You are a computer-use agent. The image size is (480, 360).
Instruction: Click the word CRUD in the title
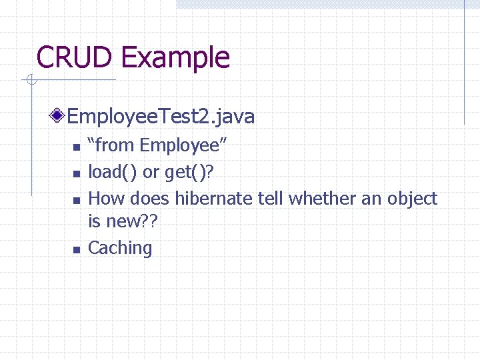coord(75,57)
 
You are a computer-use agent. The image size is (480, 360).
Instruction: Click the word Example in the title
coord(175,59)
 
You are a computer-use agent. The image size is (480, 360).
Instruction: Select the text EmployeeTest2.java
coord(161,117)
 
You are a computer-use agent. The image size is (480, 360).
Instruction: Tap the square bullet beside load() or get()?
coord(76,174)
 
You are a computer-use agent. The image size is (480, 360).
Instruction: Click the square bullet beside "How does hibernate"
coord(76,200)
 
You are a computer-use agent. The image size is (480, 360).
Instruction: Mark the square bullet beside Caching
coord(76,250)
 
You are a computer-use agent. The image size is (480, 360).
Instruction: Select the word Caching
coord(120,249)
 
